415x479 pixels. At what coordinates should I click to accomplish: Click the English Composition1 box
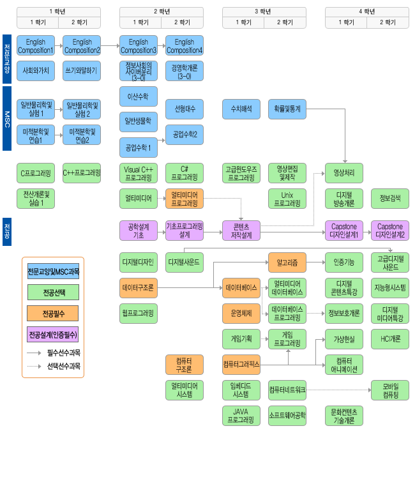pyautogui.click(x=36, y=45)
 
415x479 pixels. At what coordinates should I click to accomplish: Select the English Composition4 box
pyautogui.click(x=185, y=45)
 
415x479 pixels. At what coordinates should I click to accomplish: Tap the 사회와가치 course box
pyautogui.click(x=36, y=70)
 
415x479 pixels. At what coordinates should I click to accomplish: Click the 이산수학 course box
pyautogui.click(x=139, y=96)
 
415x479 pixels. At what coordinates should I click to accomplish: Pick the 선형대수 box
pyautogui.click(x=185, y=109)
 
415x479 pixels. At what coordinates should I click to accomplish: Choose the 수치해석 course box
pyautogui.click(x=241, y=109)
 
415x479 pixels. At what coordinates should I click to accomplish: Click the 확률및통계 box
pyautogui.click(x=287, y=109)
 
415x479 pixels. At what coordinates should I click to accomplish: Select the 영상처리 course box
pyautogui.click(x=344, y=173)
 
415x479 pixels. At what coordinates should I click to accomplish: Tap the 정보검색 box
pyautogui.click(x=390, y=199)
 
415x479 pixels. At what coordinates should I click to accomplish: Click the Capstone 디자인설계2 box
pyautogui.click(x=390, y=231)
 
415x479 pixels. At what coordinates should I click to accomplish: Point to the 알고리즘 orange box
pyautogui.click(x=287, y=262)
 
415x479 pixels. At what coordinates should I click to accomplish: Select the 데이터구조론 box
pyautogui.click(x=139, y=288)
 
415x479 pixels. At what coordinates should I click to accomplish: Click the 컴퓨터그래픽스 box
pyautogui.click(x=241, y=365)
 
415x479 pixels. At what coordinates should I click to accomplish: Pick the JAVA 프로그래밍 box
pyautogui.click(x=241, y=416)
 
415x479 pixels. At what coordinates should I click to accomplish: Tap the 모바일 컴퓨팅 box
pyautogui.click(x=390, y=390)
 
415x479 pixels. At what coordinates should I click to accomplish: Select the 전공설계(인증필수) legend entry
pyautogui.click(x=53, y=334)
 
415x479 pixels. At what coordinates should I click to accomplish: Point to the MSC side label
pyautogui.click(x=7, y=119)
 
